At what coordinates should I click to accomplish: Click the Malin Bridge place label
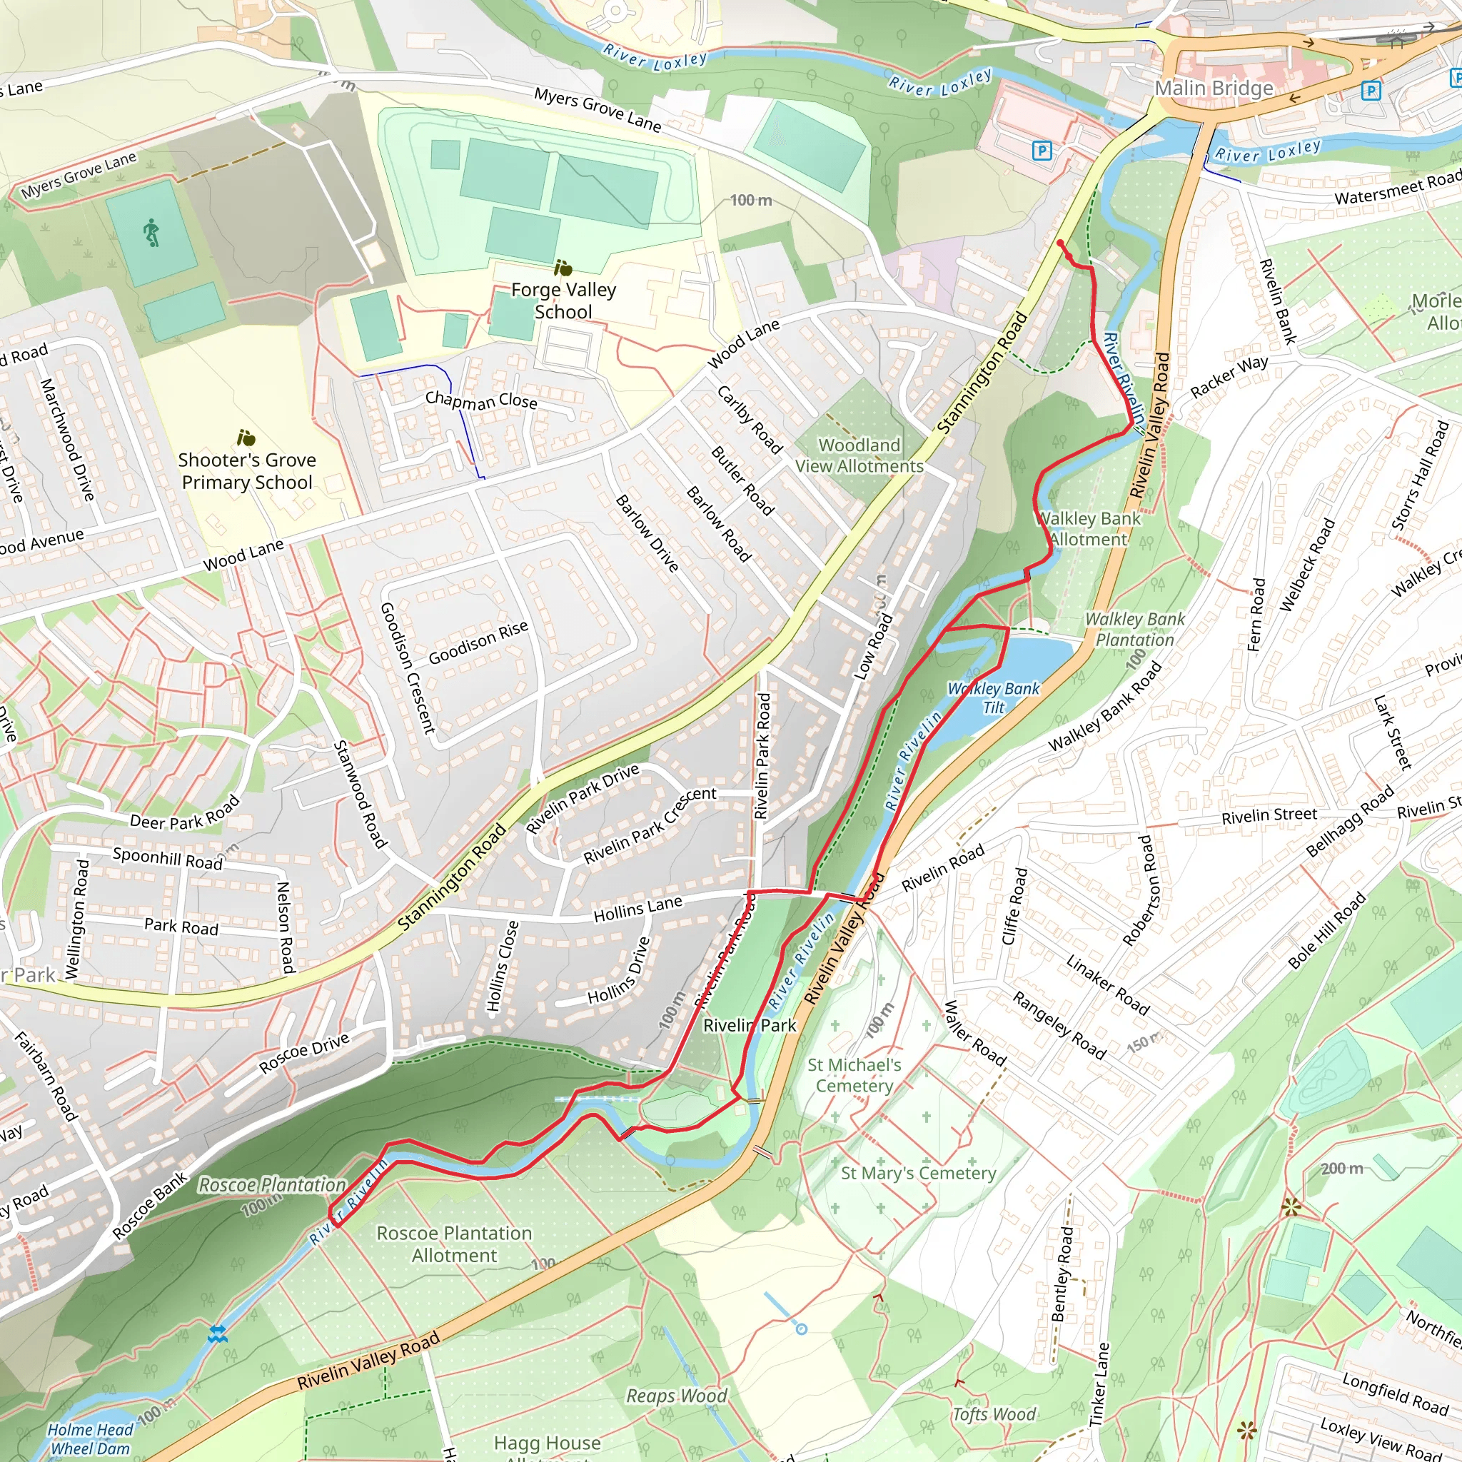click(x=1213, y=89)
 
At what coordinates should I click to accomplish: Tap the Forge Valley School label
click(x=563, y=301)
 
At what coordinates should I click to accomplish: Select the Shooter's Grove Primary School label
click(x=247, y=470)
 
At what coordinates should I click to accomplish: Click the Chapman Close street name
click(x=480, y=400)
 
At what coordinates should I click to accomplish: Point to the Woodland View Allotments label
click(x=859, y=455)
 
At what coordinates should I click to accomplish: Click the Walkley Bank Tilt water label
click(x=993, y=697)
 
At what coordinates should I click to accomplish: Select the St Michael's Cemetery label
click(x=854, y=1075)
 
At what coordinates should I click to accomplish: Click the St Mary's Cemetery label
click(x=918, y=1173)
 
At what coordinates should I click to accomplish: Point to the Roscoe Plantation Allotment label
click(x=454, y=1244)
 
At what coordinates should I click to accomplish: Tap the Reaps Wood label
click(x=676, y=1396)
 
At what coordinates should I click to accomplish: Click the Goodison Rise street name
click(x=478, y=643)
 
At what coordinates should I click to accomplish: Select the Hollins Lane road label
click(x=637, y=908)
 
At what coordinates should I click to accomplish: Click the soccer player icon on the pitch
click(x=152, y=232)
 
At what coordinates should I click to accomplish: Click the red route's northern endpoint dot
click(x=1060, y=243)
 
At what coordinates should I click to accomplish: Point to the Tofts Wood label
click(x=993, y=1414)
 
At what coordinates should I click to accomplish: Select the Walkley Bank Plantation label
click(x=1134, y=630)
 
